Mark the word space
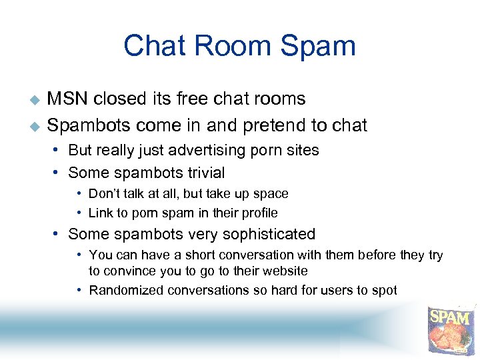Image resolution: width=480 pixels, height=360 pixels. pos(271,194)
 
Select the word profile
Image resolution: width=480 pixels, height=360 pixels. pos(259,213)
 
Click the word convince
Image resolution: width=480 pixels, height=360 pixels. pos(127,271)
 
